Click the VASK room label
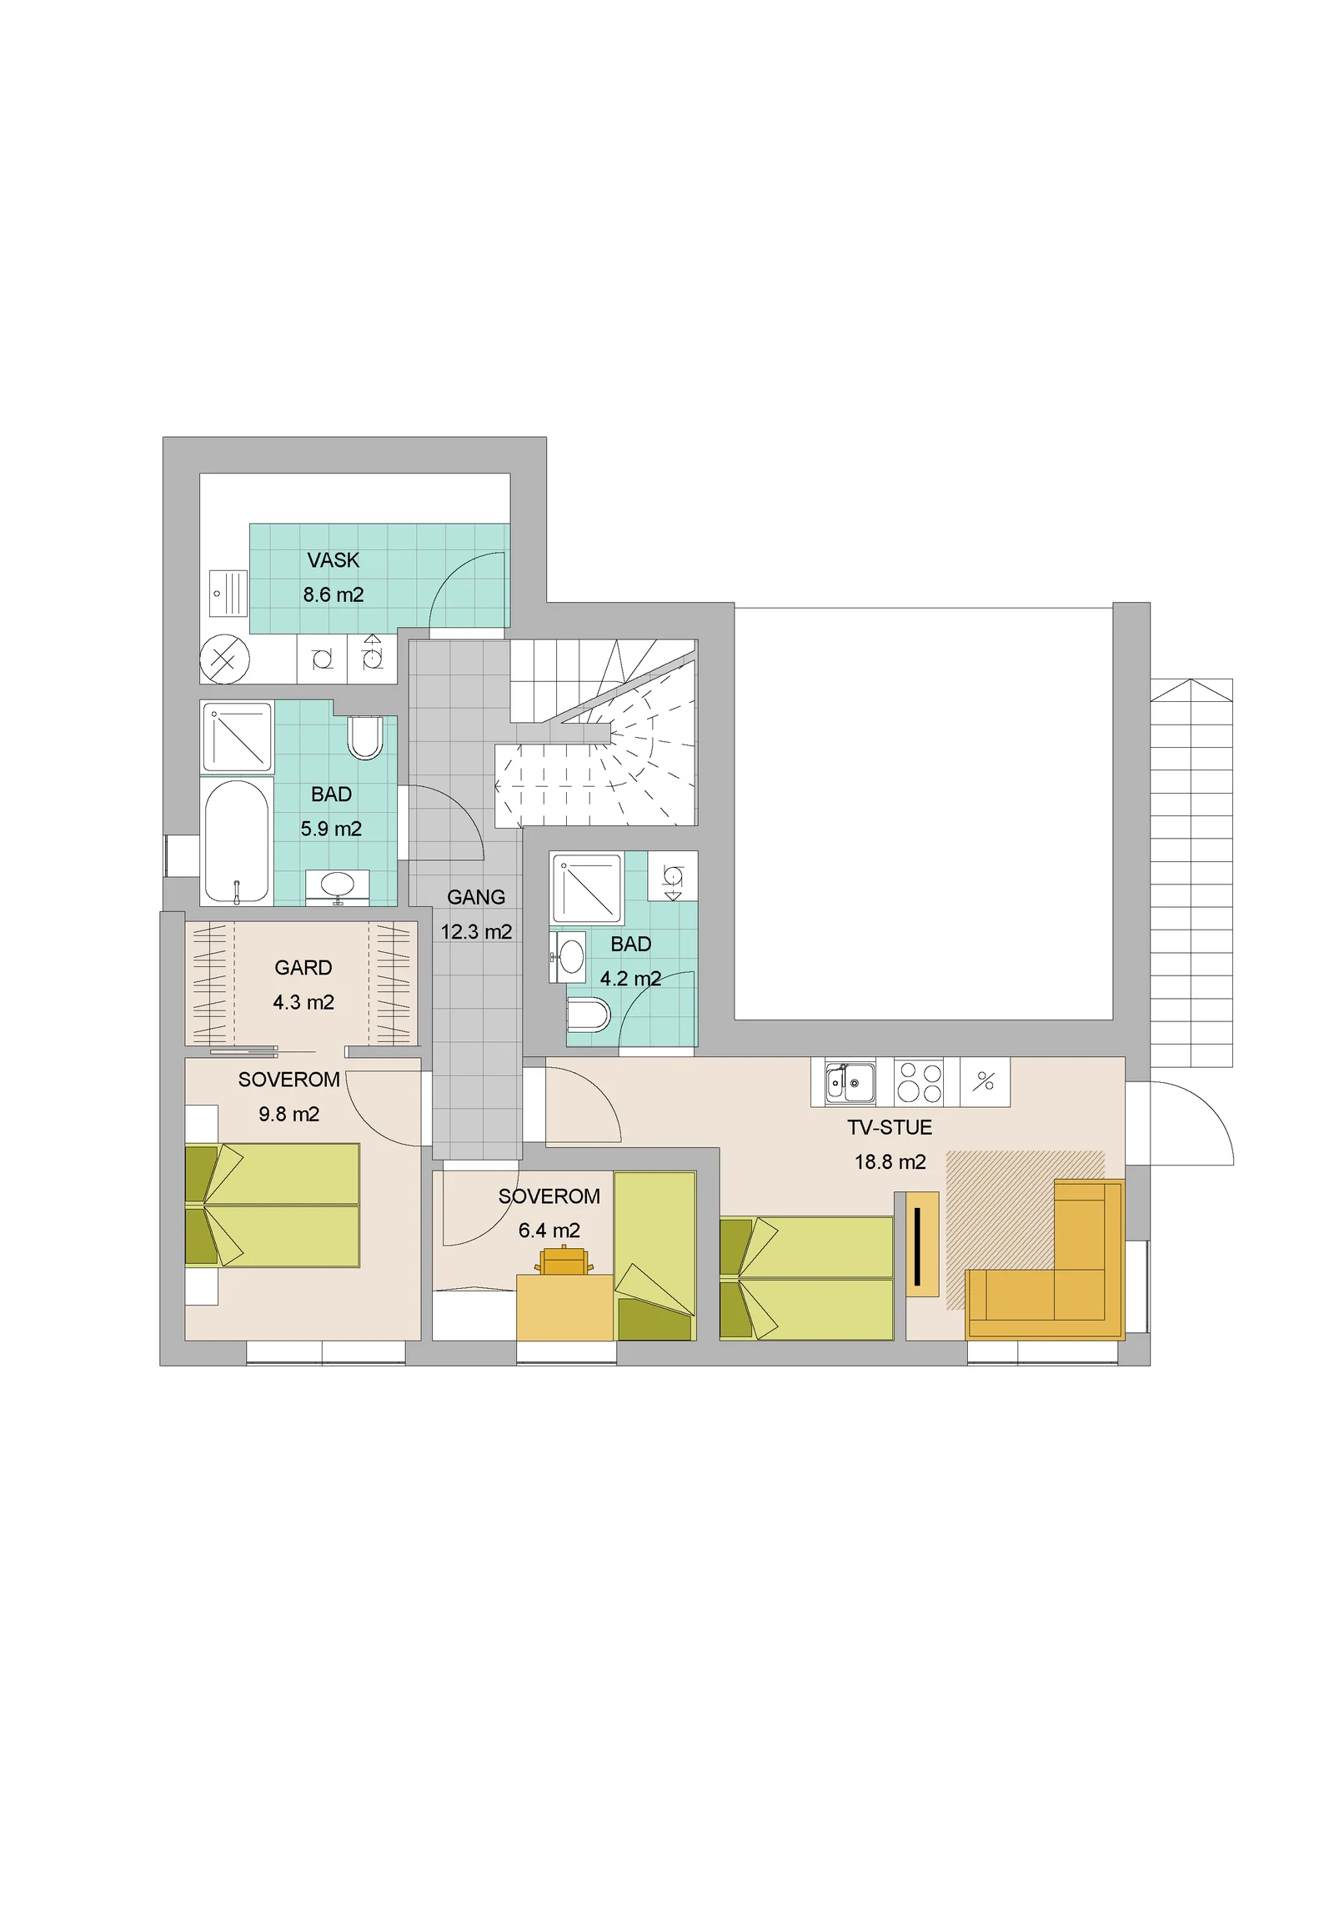tap(333, 560)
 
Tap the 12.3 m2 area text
tap(476, 931)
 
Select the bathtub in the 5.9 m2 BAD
tap(237, 843)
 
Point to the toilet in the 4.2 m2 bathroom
tap(589, 1015)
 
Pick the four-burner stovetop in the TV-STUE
tap(919, 1082)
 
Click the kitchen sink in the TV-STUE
tap(850, 1082)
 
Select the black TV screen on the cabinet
tap(918, 1246)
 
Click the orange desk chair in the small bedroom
tap(564, 1261)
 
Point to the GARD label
tap(303, 967)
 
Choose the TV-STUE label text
tap(890, 1128)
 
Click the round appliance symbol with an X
tap(224, 659)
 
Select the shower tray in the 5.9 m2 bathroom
tap(238, 737)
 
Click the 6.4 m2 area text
tap(549, 1231)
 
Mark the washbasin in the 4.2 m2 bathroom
tap(568, 957)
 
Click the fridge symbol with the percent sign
tap(985, 1082)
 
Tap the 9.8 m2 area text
tap(288, 1114)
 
